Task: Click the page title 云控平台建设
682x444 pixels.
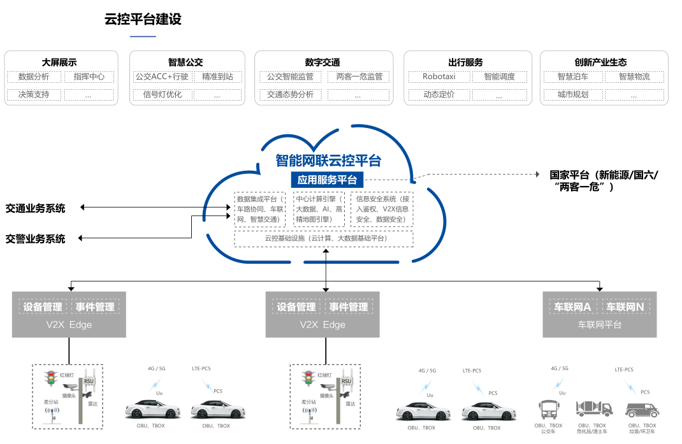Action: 143,20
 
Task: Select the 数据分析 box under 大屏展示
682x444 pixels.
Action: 34,77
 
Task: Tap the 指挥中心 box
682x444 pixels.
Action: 89,77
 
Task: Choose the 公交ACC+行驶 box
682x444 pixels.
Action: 162,77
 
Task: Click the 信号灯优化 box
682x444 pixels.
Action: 162,95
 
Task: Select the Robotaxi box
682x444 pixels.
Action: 439,77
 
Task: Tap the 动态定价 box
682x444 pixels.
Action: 439,95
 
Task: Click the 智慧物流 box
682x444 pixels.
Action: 634,77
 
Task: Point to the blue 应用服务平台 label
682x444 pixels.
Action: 326,180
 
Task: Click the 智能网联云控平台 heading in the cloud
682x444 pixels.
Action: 328,160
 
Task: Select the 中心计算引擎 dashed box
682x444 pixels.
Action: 319,209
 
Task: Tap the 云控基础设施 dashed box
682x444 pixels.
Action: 324,238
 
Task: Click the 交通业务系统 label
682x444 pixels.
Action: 36,208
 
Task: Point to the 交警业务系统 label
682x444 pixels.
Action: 36,239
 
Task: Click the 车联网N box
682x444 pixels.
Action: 625,307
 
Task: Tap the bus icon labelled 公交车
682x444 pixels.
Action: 549,408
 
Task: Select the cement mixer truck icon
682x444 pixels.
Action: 593,408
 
